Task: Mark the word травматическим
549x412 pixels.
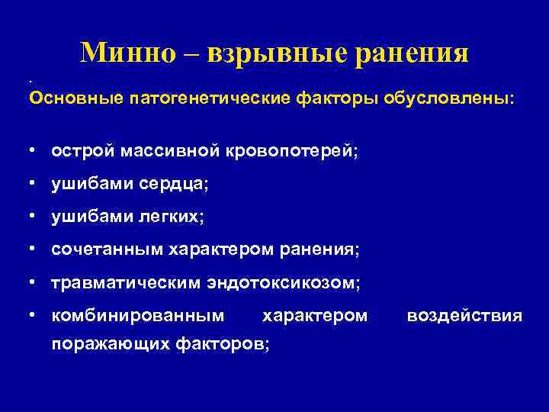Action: click(126, 283)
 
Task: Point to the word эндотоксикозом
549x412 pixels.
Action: click(284, 283)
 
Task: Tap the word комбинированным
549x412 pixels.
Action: click(138, 315)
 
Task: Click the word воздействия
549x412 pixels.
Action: click(464, 315)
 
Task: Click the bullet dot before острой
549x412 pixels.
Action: click(34, 151)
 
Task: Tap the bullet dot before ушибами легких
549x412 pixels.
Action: click(34, 217)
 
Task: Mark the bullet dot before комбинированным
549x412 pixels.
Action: click(34, 315)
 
